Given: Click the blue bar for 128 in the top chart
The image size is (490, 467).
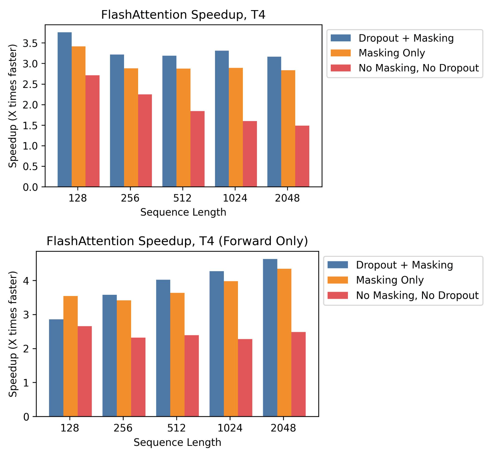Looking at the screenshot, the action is (65, 109).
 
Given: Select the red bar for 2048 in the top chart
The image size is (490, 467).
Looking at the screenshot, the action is (302, 156).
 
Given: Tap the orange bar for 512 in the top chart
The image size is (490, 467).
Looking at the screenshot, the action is (183, 127).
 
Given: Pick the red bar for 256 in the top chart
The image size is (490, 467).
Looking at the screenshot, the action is (145, 140).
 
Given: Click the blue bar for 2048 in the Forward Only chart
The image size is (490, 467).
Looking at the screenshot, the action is (270, 338).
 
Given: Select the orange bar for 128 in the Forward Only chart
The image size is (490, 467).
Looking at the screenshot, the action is (70, 356).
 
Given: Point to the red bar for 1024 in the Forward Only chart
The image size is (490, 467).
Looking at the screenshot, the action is (245, 378).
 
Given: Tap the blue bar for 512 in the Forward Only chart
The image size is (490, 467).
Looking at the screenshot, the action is (163, 348).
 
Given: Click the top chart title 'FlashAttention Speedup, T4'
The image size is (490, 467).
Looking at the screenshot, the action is (183, 15).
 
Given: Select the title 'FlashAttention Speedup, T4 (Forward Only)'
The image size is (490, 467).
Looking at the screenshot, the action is (177, 241).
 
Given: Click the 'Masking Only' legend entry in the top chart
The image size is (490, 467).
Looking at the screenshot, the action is (392, 53).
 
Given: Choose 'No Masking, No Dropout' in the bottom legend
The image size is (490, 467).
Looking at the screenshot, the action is (417, 295).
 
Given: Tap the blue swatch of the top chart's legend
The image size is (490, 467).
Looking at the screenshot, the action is (341, 38).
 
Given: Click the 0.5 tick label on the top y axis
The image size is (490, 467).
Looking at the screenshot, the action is (30, 166).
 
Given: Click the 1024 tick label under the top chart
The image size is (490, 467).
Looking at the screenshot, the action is (235, 198).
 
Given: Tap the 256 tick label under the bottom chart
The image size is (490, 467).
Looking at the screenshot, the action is (123, 428).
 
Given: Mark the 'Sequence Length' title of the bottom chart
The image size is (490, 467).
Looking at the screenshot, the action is (177, 442).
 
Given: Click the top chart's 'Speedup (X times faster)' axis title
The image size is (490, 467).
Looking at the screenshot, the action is (13, 106).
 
